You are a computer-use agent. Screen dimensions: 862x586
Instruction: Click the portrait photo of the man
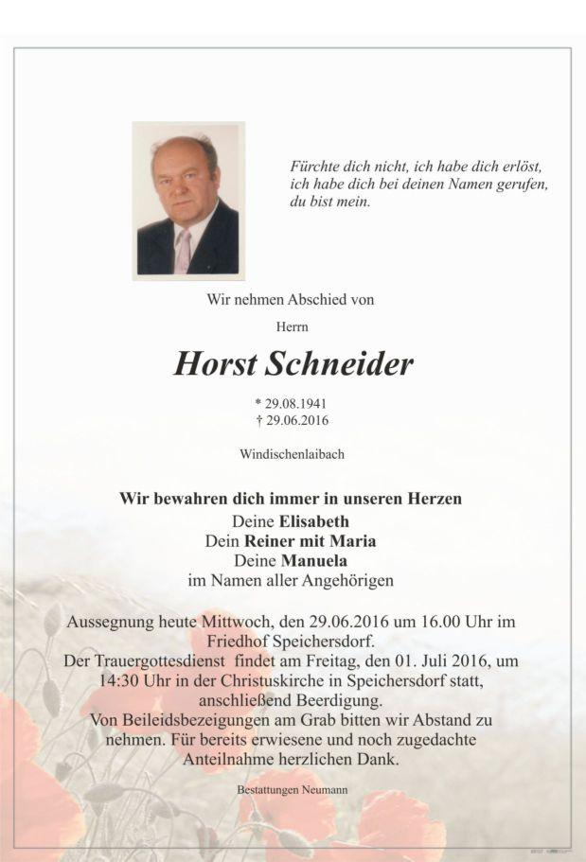coord(188,200)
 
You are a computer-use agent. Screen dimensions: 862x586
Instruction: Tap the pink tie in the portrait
coord(183,251)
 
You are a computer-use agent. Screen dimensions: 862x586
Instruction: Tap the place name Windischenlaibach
coord(292,454)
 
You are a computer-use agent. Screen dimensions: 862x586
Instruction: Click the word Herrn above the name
coord(292,326)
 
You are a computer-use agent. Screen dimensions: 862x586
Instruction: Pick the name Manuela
coord(315,560)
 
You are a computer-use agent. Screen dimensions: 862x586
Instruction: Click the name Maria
coord(354,541)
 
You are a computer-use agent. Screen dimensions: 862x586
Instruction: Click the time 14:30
coord(116,680)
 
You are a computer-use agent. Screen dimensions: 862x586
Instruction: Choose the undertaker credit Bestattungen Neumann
coord(292,788)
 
